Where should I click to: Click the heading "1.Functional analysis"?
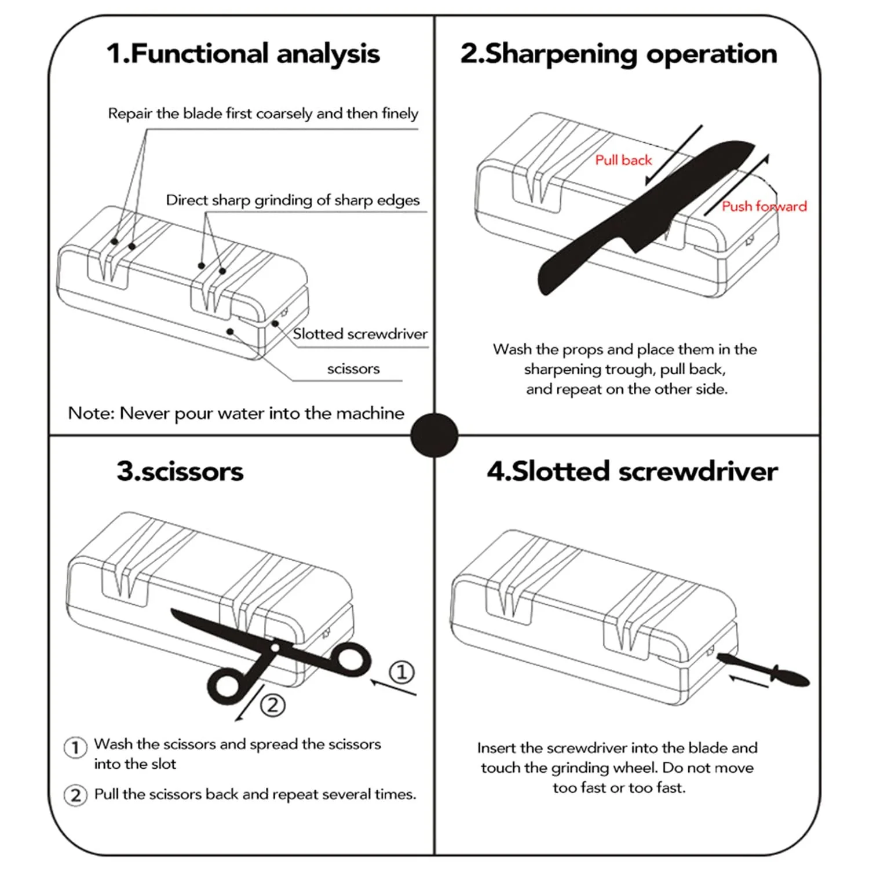(243, 54)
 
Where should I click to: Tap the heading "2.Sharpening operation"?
(618, 54)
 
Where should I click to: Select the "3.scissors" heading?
(180, 472)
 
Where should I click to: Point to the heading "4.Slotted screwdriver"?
(632, 472)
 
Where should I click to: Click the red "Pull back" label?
(623, 160)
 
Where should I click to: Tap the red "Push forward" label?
(764, 206)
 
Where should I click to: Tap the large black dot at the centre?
(434, 435)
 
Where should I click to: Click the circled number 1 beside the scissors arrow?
(401, 672)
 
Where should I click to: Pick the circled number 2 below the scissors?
(273, 705)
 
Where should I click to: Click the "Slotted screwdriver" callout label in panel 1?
(360, 334)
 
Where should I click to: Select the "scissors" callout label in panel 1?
(353, 369)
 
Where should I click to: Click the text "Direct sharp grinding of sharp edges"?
(293, 200)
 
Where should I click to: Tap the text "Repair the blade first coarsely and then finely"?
(263, 114)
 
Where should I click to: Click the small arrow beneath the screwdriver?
(747, 682)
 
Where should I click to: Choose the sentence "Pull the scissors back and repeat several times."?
(255, 794)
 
